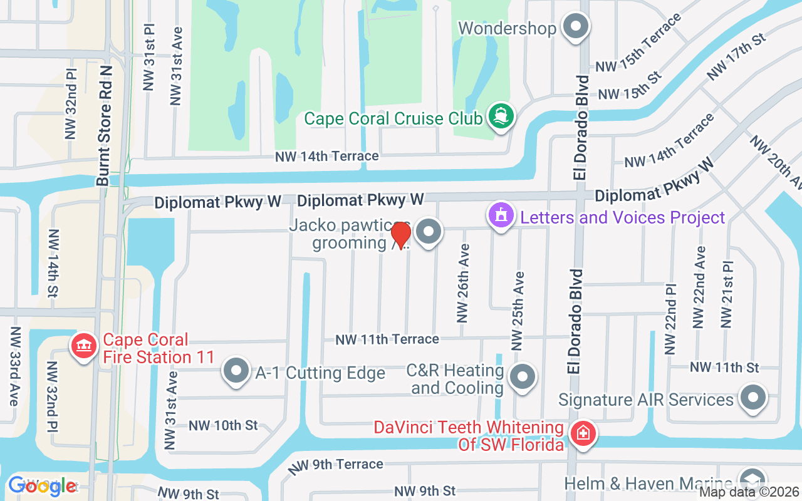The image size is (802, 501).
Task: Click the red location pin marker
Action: coord(400,235)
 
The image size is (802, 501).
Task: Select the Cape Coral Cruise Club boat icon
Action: coord(500,116)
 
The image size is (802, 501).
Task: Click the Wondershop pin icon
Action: coord(575,28)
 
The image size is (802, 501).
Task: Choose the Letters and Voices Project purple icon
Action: coord(501,217)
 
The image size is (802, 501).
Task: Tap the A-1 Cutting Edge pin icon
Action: coord(236,372)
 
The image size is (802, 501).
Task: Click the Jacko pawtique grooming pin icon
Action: coord(429,232)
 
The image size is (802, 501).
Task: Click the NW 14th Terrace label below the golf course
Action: coord(326,156)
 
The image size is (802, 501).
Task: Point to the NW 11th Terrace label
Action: coord(387,339)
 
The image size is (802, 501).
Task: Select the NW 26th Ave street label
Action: coord(463,283)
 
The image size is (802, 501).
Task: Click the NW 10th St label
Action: coord(223,425)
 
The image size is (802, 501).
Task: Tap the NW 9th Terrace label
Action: coord(336,465)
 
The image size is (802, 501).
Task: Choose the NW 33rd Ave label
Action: coord(14,366)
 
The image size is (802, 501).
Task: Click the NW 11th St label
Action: coord(724,367)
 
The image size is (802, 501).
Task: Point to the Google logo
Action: coord(42,485)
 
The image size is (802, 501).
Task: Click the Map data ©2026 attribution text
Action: coord(749,492)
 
